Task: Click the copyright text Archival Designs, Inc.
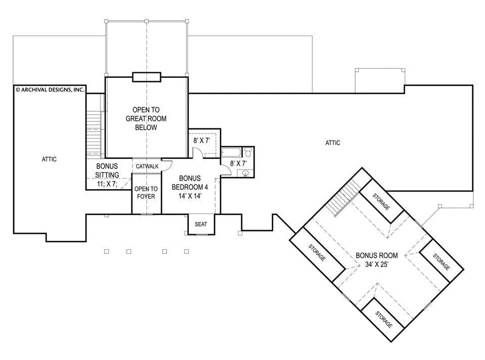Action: coord(50,90)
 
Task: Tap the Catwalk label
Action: coord(147,166)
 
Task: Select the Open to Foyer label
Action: coord(146,193)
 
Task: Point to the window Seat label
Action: coord(201,224)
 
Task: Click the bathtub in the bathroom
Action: coord(231,153)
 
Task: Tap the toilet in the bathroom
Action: coord(248,152)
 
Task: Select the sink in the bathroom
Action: coord(246,173)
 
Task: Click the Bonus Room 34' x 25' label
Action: coord(377,260)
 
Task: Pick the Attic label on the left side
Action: coord(49,159)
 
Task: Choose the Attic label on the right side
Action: coord(333,143)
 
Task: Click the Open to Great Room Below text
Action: coord(146,118)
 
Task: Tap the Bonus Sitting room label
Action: coord(107,170)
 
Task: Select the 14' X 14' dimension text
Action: coord(190,196)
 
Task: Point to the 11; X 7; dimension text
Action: coord(107,184)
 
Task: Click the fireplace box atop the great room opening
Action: coord(147,77)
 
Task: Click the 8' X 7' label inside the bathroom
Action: coord(238,163)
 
